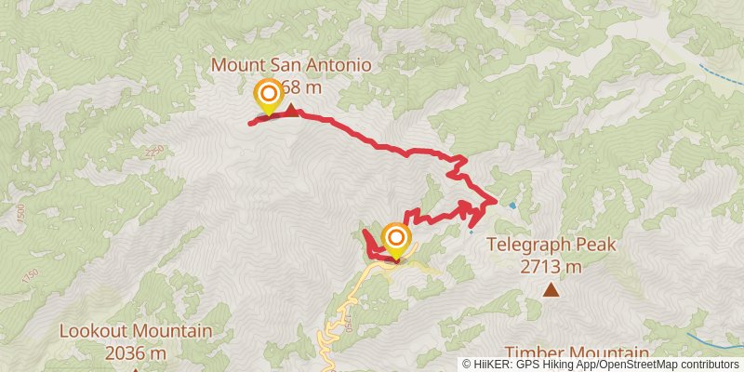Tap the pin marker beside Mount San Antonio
coord(268,94)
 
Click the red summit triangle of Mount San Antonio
coord(291,111)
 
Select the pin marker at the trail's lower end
coord(395,238)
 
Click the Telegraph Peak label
coord(551,247)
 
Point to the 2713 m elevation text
coord(551,268)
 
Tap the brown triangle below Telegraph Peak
coord(551,290)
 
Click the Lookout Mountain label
coord(136,331)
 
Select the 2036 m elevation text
coord(136,352)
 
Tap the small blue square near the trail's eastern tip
coord(512,205)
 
